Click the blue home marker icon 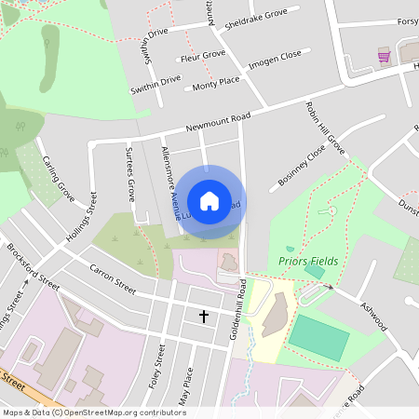[x=209, y=200]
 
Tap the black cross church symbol [x=204, y=317]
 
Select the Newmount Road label [x=219, y=122]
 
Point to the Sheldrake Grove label [x=256, y=20]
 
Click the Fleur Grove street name [x=202, y=56]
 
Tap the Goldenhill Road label [x=242, y=313]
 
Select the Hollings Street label [x=81, y=217]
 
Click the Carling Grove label [x=58, y=177]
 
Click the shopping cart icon [x=384, y=56]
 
